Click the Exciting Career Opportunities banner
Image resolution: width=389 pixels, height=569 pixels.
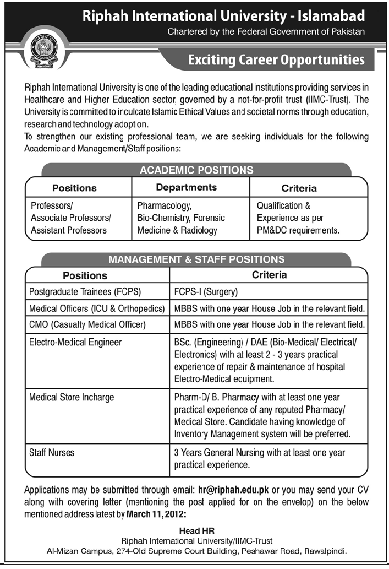[x=276, y=59]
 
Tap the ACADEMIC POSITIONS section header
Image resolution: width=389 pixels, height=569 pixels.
[x=196, y=170]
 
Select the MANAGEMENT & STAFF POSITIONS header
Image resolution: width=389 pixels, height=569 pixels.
[x=196, y=259]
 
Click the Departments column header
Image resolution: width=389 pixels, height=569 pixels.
[x=186, y=188]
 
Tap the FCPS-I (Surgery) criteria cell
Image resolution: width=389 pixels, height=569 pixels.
[x=206, y=292]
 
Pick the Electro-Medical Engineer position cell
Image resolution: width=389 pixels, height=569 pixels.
[x=75, y=343]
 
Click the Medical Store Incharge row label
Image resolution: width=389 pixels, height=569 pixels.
[x=72, y=397]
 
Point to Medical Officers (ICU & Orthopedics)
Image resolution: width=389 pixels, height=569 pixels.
[x=96, y=308]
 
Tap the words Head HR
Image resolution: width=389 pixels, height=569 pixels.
[x=196, y=531]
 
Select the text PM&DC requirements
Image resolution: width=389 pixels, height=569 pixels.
[x=298, y=230]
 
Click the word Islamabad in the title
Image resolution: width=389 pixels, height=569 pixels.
[x=333, y=17]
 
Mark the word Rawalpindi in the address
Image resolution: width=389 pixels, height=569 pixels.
[x=326, y=551]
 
